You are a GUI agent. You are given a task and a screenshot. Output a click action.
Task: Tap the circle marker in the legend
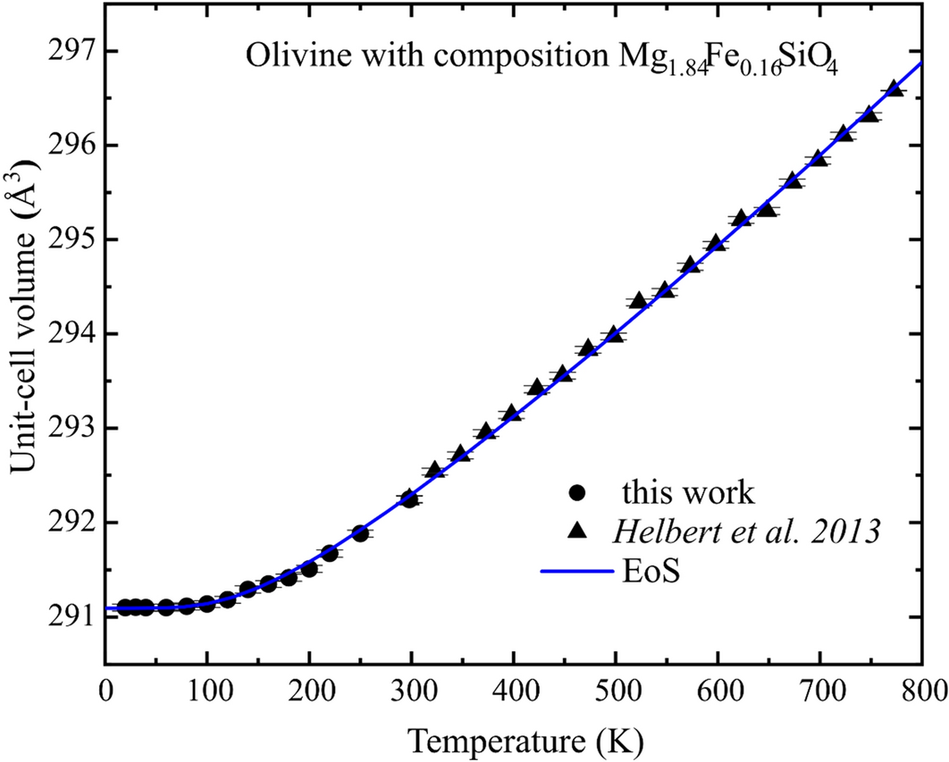[577, 491]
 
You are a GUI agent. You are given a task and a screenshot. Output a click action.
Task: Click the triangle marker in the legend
[577, 531]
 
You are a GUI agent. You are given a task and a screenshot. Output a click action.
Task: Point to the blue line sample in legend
[577, 570]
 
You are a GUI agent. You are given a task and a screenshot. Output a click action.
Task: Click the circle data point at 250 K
[361, 533]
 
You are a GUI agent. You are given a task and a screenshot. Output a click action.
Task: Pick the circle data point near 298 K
[410, 498]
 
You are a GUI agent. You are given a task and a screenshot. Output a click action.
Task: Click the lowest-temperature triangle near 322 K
[435, 470]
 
